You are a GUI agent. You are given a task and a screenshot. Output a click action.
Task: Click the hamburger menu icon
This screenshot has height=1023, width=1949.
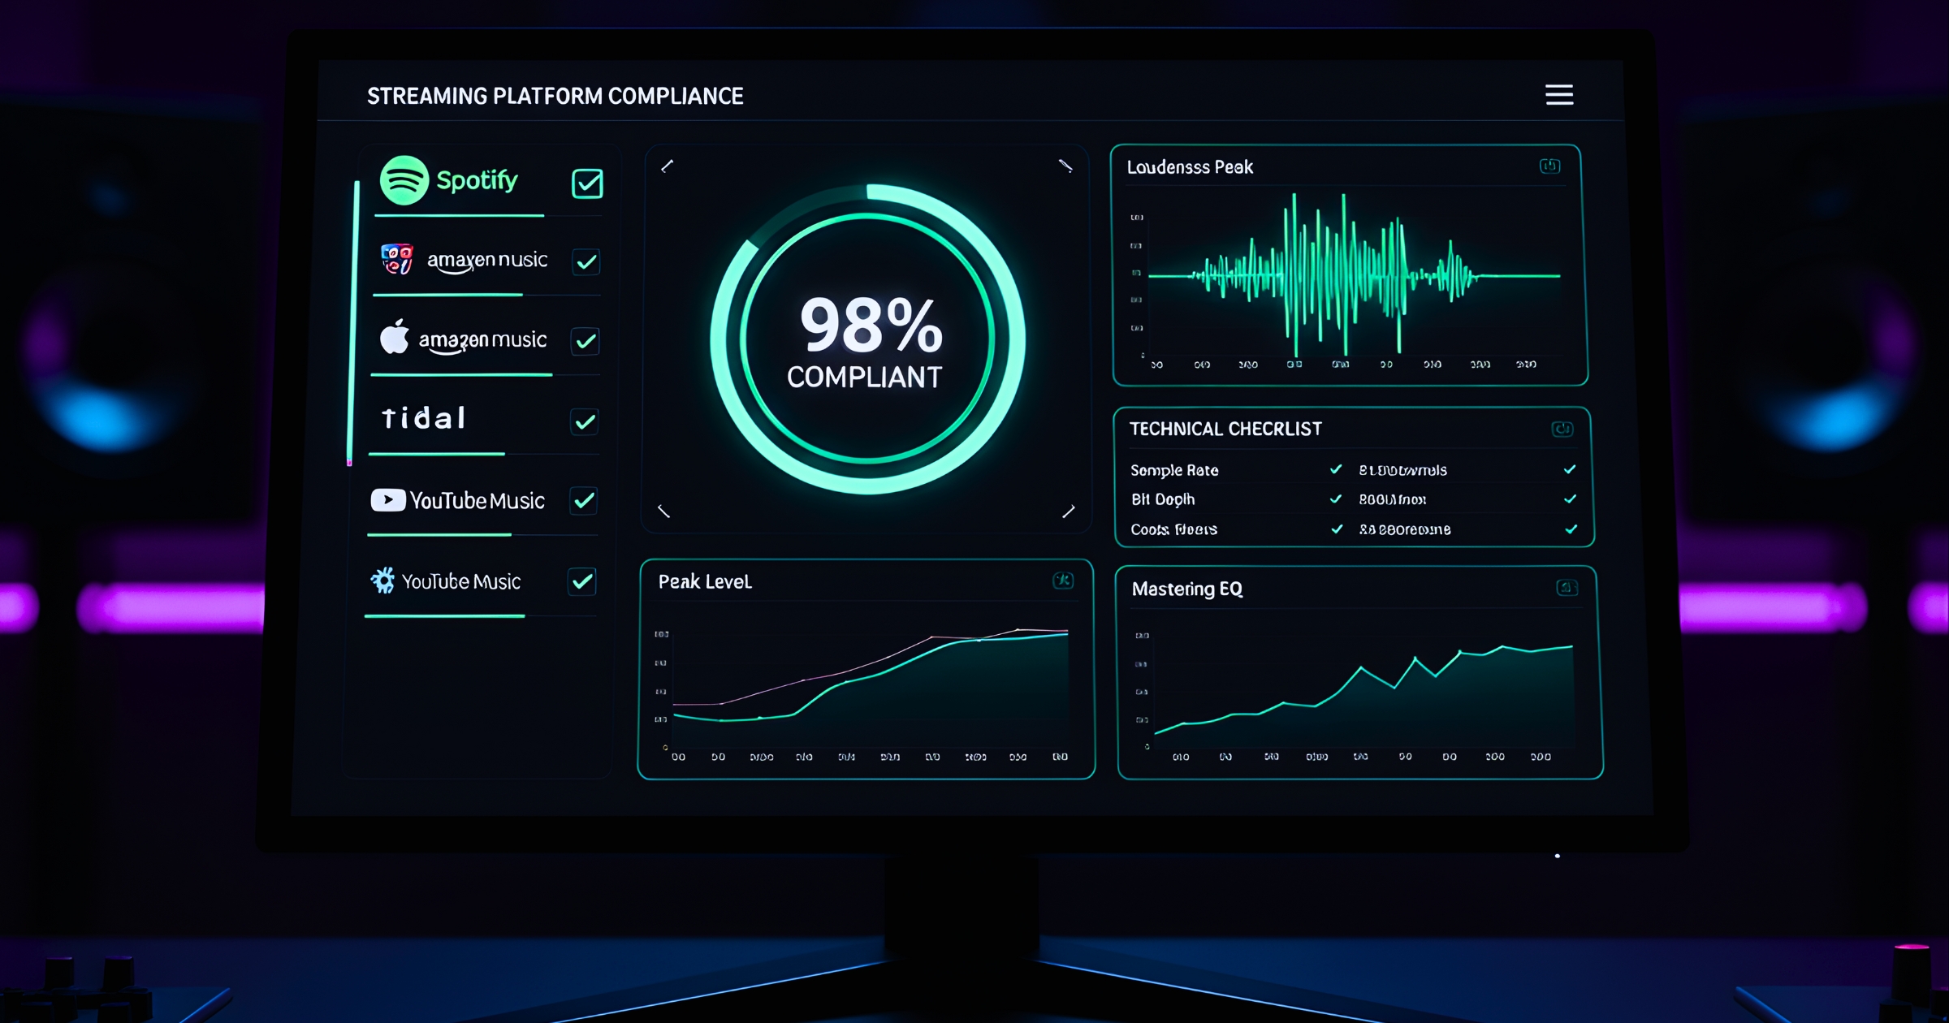1558,95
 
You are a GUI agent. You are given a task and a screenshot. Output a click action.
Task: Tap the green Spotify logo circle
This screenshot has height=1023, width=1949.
404,180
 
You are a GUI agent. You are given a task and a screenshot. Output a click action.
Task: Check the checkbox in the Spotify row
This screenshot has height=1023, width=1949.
587,183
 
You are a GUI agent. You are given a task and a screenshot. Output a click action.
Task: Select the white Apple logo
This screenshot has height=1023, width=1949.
395,337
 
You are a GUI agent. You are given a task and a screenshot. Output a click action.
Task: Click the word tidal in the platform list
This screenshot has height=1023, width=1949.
424,418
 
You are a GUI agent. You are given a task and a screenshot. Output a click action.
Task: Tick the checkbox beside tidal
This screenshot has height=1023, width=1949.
585,421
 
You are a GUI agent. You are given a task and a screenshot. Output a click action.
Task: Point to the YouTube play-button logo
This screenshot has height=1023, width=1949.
388,499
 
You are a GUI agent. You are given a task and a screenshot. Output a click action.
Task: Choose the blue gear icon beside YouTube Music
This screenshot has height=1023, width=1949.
382,580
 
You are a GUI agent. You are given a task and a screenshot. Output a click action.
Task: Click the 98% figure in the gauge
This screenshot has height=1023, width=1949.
871,326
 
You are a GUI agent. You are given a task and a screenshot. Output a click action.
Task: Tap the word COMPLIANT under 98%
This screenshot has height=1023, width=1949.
864,377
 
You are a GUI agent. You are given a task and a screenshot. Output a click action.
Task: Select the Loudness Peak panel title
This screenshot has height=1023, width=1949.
1190,167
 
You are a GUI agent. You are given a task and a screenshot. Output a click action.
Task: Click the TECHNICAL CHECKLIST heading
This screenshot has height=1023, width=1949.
1225,429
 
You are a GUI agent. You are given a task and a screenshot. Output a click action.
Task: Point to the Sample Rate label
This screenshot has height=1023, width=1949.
1174,470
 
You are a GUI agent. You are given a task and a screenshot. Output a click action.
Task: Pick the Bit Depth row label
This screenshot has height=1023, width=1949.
1163,499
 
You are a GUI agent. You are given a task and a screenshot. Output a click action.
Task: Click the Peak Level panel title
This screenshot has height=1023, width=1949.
705,581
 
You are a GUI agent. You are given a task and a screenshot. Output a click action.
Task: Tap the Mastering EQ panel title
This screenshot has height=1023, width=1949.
1187,589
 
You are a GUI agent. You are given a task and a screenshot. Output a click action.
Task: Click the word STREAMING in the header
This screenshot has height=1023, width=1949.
426,96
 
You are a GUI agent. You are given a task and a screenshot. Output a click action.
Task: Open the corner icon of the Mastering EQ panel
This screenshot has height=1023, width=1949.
1567,588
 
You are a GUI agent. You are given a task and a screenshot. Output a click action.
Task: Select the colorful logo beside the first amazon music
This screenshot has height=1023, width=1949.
397,259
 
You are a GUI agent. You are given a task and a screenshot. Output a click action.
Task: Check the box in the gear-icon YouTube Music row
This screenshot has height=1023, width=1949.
582,581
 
